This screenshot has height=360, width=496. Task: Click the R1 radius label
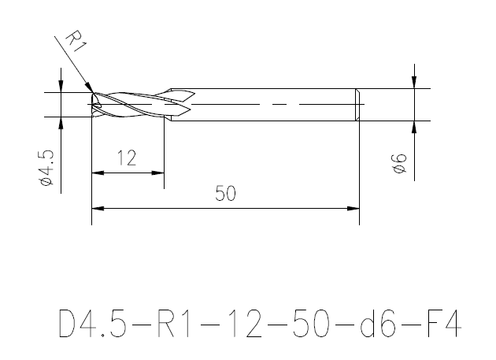pyautogui.click(x=73, y=40)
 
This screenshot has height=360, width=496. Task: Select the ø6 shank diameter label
pyautogui.click(x=398, y=166)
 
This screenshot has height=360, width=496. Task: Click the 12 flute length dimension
pyautogui.click(x=127, y=158)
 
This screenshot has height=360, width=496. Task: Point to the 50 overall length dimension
pyautogui.click(x=226, y=194)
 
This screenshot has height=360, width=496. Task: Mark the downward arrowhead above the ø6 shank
pyautogui.click(x=414, y=83)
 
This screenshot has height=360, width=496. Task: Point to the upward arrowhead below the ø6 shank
pyautogui.click(x=414, y=126)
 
